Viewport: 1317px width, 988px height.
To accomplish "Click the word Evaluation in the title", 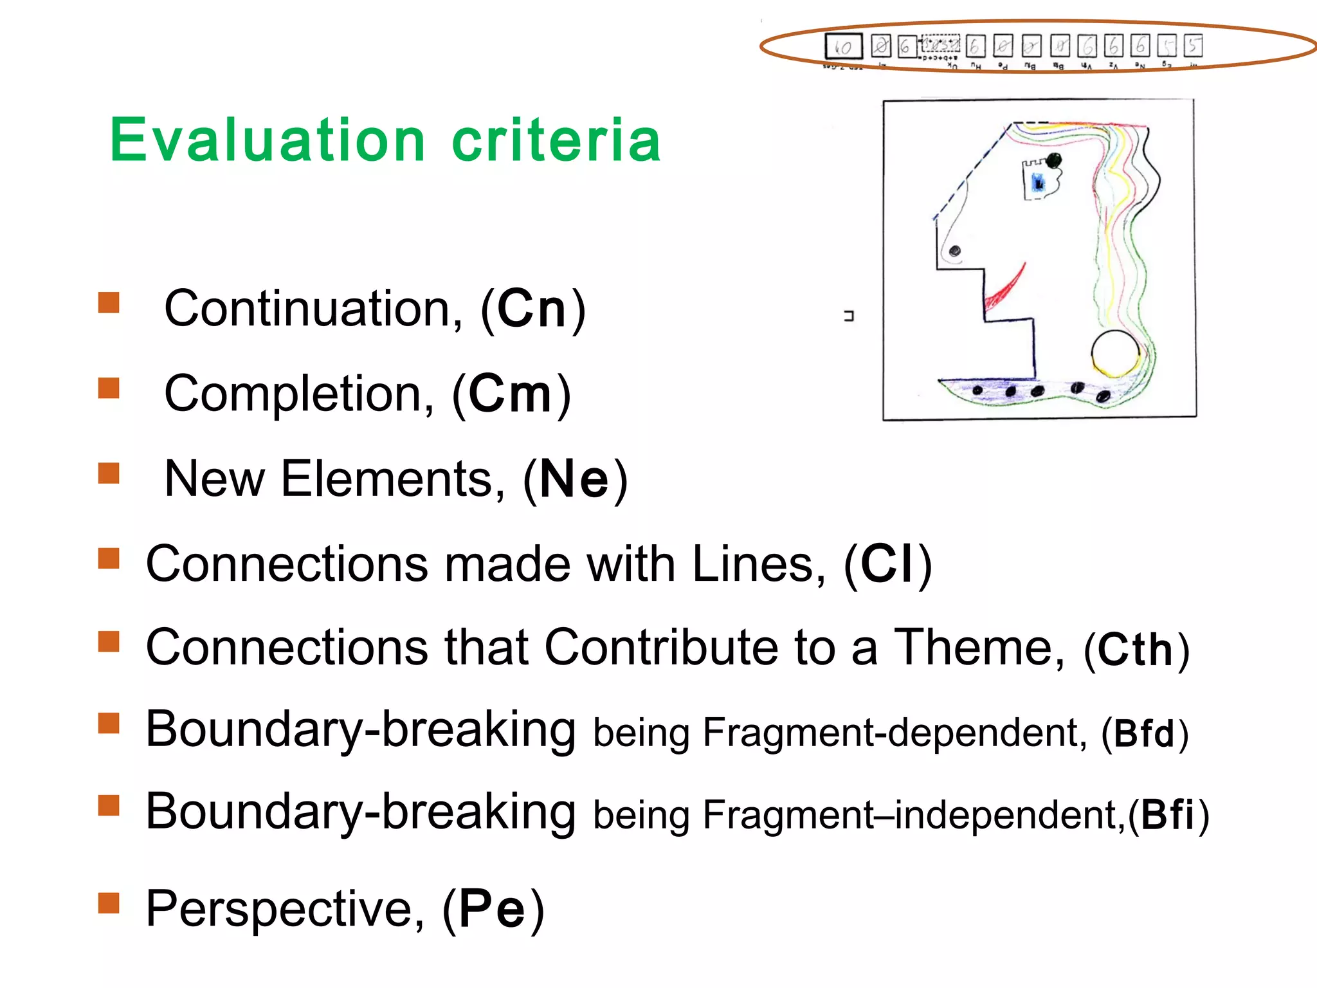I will (x=267, y=140).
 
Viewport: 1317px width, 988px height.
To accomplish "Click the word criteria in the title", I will (x=556, y=140).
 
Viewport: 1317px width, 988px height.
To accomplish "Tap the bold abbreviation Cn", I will (x=532, y=309).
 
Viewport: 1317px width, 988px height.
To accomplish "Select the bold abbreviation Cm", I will (x=511, y=394).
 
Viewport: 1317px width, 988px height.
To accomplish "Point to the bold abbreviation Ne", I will (x=574, y=479).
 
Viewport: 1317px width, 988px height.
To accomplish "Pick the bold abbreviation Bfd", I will (x=1145, y=733).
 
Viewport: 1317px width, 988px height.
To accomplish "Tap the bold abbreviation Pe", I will (x=493, y=909).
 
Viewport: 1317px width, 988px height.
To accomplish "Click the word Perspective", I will (x=285, y=909).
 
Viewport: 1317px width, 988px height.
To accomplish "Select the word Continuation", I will (x=313, y=309).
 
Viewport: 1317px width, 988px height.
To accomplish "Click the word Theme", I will (x=979, y=647).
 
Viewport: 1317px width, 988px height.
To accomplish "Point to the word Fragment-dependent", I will (x=895, y=733).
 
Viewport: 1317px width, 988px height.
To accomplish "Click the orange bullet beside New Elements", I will (x=109, y=473).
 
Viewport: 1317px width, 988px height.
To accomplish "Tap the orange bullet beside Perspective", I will (x=109, y=902).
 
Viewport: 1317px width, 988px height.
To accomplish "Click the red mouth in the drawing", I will (x=1004, y=288).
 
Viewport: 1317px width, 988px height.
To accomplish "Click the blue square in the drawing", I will (x=1037, y=183).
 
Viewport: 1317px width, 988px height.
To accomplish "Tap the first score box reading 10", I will (x=843, y=46).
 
